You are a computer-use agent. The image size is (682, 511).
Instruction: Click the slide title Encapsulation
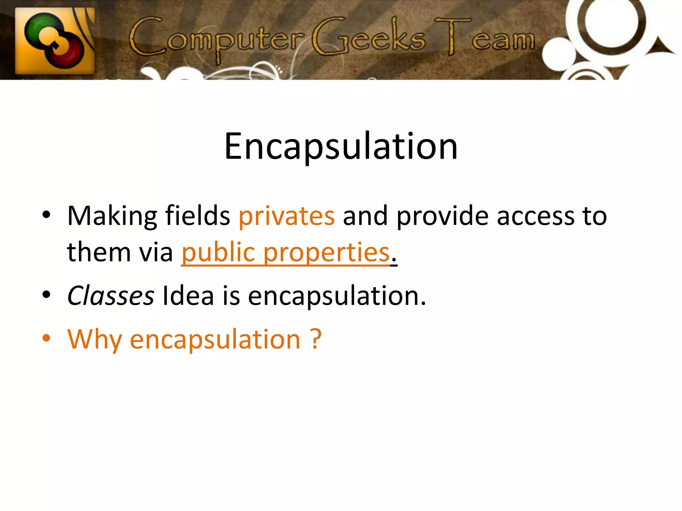[x=341, y=146]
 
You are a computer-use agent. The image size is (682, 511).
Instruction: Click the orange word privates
[x=287, y=216]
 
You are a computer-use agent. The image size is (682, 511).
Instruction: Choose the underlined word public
[x=218, y=253]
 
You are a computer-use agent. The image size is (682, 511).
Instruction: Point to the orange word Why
[x=95, y=339]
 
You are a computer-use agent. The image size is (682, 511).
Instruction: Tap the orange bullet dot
[x=46, y=338]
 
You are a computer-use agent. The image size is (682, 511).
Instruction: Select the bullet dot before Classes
[x=46, y=294]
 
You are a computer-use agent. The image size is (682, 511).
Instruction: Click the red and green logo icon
[x=55, y=41]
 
